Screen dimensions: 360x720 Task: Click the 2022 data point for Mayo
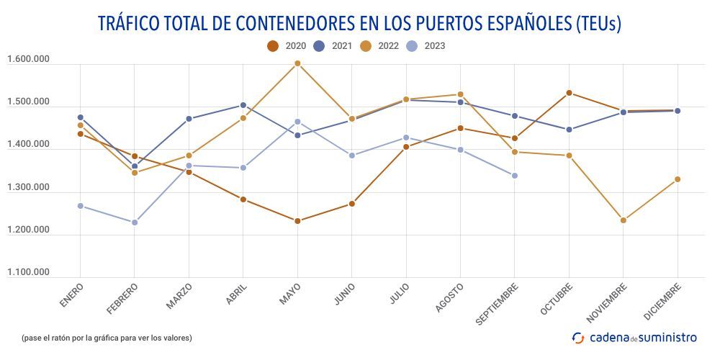297,63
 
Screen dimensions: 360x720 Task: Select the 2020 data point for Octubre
569,93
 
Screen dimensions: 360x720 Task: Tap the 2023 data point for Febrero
135,222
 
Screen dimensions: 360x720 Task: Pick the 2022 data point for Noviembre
624,220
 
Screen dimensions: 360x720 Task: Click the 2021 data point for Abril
243,105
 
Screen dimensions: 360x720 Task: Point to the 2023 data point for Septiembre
515,176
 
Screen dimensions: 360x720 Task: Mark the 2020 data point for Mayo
297,221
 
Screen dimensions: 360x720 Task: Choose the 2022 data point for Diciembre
678,179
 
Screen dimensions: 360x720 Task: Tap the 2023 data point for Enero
81,206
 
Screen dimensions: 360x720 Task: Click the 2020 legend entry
287,46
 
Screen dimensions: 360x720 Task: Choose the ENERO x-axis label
72,296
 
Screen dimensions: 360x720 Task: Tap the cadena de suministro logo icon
578,337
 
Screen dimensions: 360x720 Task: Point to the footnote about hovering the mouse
107,337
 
